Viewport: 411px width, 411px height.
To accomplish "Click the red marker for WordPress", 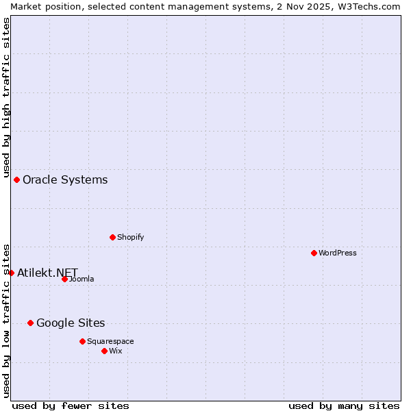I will click(x=314, y=253).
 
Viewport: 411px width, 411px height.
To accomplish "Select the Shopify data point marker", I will click(x=112, y=237).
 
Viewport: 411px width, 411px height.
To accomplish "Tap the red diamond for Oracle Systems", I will click(x=16, y=179).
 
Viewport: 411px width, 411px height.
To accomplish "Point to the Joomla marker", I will click(x=64, y=279).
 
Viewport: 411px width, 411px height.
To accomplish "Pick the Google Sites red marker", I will click(x=30, y=323).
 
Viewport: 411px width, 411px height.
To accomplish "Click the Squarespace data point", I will click(x=82, y=341).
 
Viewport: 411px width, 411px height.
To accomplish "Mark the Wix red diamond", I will click(x=104, y=351).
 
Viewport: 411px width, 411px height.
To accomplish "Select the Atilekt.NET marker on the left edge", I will click(x=11, y=273).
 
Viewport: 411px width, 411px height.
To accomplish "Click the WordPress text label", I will click(x=337, y=253).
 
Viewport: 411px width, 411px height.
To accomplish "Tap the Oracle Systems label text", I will click(x=65, y=179).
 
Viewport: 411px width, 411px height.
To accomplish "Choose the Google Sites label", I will click(x=71, y=323).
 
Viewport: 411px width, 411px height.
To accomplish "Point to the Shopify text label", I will click(x=130, y=237).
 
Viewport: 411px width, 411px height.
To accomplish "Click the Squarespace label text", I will click(x=110, y=341).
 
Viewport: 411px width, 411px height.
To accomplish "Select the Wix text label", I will click(x=115, y=351).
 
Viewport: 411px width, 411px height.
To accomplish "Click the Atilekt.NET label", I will click(x=47, y=273).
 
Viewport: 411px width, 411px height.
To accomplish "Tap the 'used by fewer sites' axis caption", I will click(x=71, y=406).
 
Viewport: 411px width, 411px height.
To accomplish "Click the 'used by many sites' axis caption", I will click(x=344, y=406).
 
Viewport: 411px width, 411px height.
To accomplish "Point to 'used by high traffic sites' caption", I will click(x=6, y=97).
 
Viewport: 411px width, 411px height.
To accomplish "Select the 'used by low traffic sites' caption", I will click(x=6, y=320).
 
